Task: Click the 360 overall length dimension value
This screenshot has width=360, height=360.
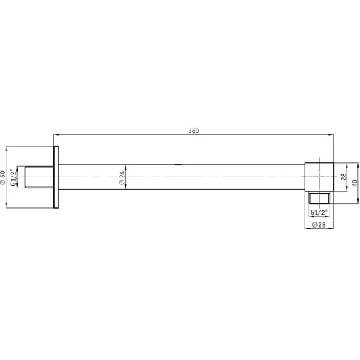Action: tap(194, 131)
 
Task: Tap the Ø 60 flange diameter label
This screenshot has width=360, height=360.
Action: tap(3, 177)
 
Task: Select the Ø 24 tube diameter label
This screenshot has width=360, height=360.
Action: tap(122, 177)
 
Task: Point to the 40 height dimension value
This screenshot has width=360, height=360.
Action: tap(355, 183)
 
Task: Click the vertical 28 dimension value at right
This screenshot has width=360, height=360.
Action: tap(344, 177)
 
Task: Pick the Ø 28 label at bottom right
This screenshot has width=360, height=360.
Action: tap(319, 225)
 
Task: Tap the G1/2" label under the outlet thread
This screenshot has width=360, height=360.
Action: tap(319, 212)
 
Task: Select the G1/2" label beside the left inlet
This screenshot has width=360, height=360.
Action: tap(14, 177)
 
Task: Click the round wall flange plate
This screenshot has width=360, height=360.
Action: tap(56, 177)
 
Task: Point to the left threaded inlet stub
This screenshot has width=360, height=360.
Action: tap(39, 177)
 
